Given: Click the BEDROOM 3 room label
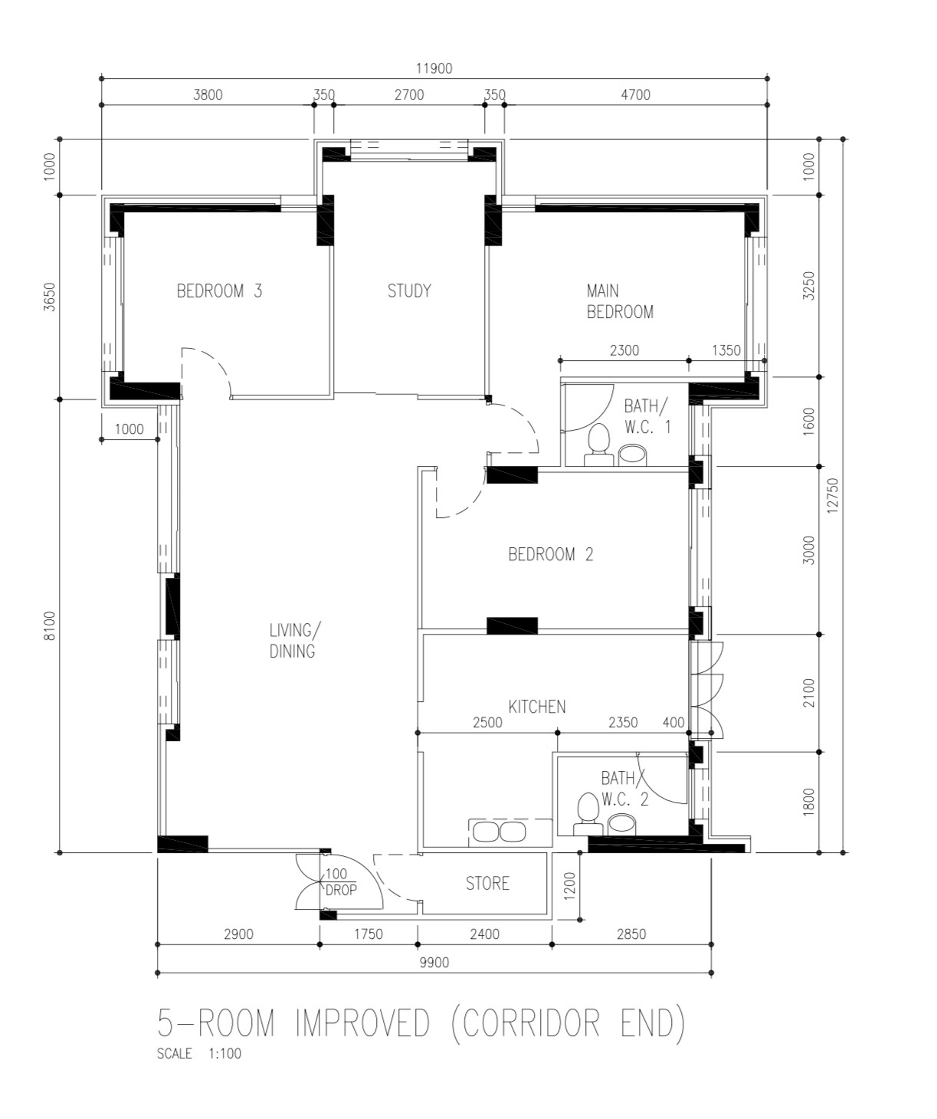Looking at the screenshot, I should tap(219, 291).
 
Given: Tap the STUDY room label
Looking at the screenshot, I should tap(409, 290).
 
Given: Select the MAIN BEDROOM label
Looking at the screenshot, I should tap(619, 301).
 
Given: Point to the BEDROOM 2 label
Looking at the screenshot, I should tap(550, 554).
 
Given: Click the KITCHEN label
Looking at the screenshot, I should tap(537, 707).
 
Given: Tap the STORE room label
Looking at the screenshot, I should tap(487, 884).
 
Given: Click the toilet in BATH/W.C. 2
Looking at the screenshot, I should tap(587, 812).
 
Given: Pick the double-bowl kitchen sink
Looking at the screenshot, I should tap(500, 832).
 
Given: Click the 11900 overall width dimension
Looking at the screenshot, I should tap(434, 68).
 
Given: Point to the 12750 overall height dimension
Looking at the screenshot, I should tap(834, 497).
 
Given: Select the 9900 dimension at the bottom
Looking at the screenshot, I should tap(434, 963).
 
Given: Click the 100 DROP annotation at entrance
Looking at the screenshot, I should tap(339, 883).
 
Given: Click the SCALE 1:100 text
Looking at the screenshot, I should tap(199, 1054).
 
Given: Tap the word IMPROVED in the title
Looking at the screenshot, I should tap(362, 1023).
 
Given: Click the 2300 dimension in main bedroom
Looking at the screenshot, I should tap(624, 350).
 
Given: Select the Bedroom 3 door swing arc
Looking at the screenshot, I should tap(215, 366).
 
